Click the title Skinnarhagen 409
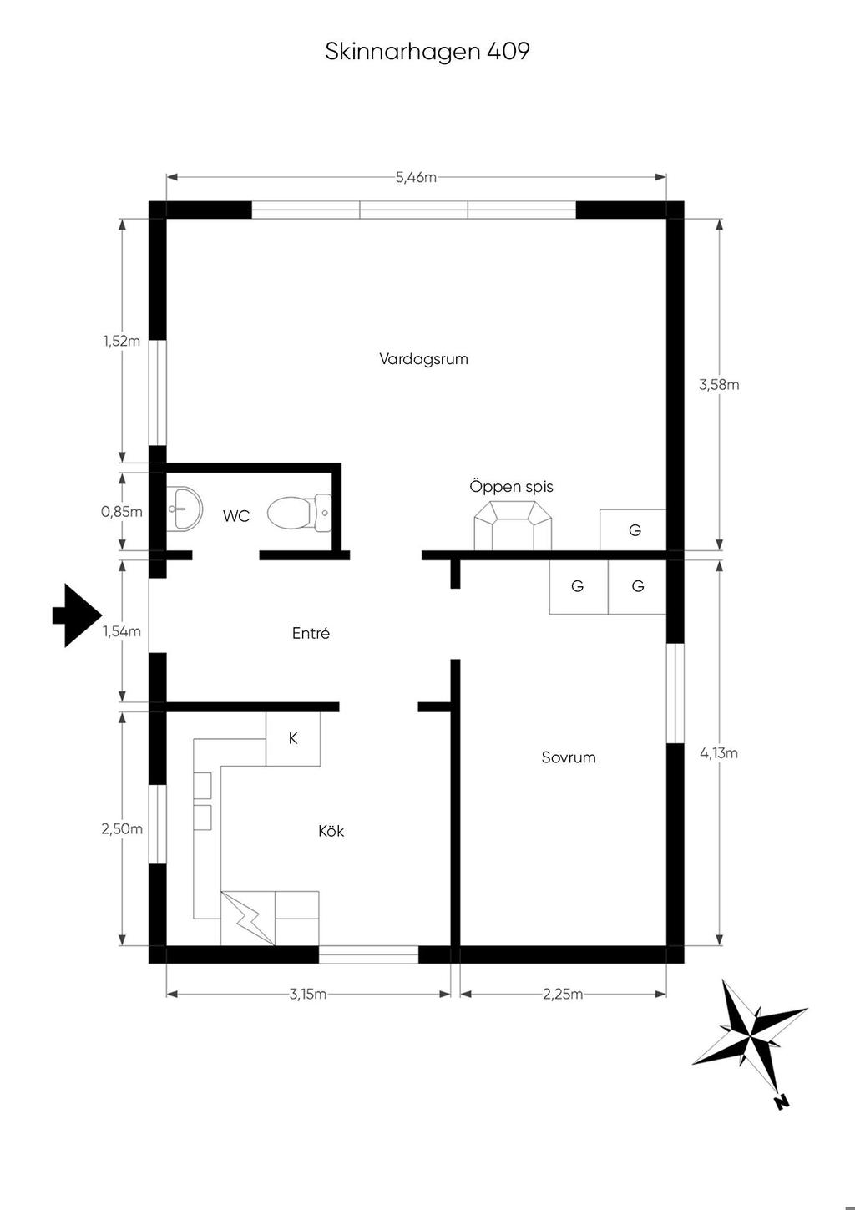pos(427,52)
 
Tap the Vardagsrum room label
pos(423,359)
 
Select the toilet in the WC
pos(299,513)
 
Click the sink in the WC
pos(185,509)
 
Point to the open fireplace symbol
pos(513,525)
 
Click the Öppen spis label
pos(512,487)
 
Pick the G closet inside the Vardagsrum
pos(633,530)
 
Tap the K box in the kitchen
pos(293,738)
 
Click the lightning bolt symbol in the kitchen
pos(247,918)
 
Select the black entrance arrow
pos(78,615)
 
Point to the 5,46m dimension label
pos(416,177)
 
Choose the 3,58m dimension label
pos(719,385)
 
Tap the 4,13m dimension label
pos(719,753)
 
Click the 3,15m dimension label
pos(308,995)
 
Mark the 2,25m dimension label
pos(563,995)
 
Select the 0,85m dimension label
pos(122,512)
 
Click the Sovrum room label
pos(569,757)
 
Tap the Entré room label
pos(311,632)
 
